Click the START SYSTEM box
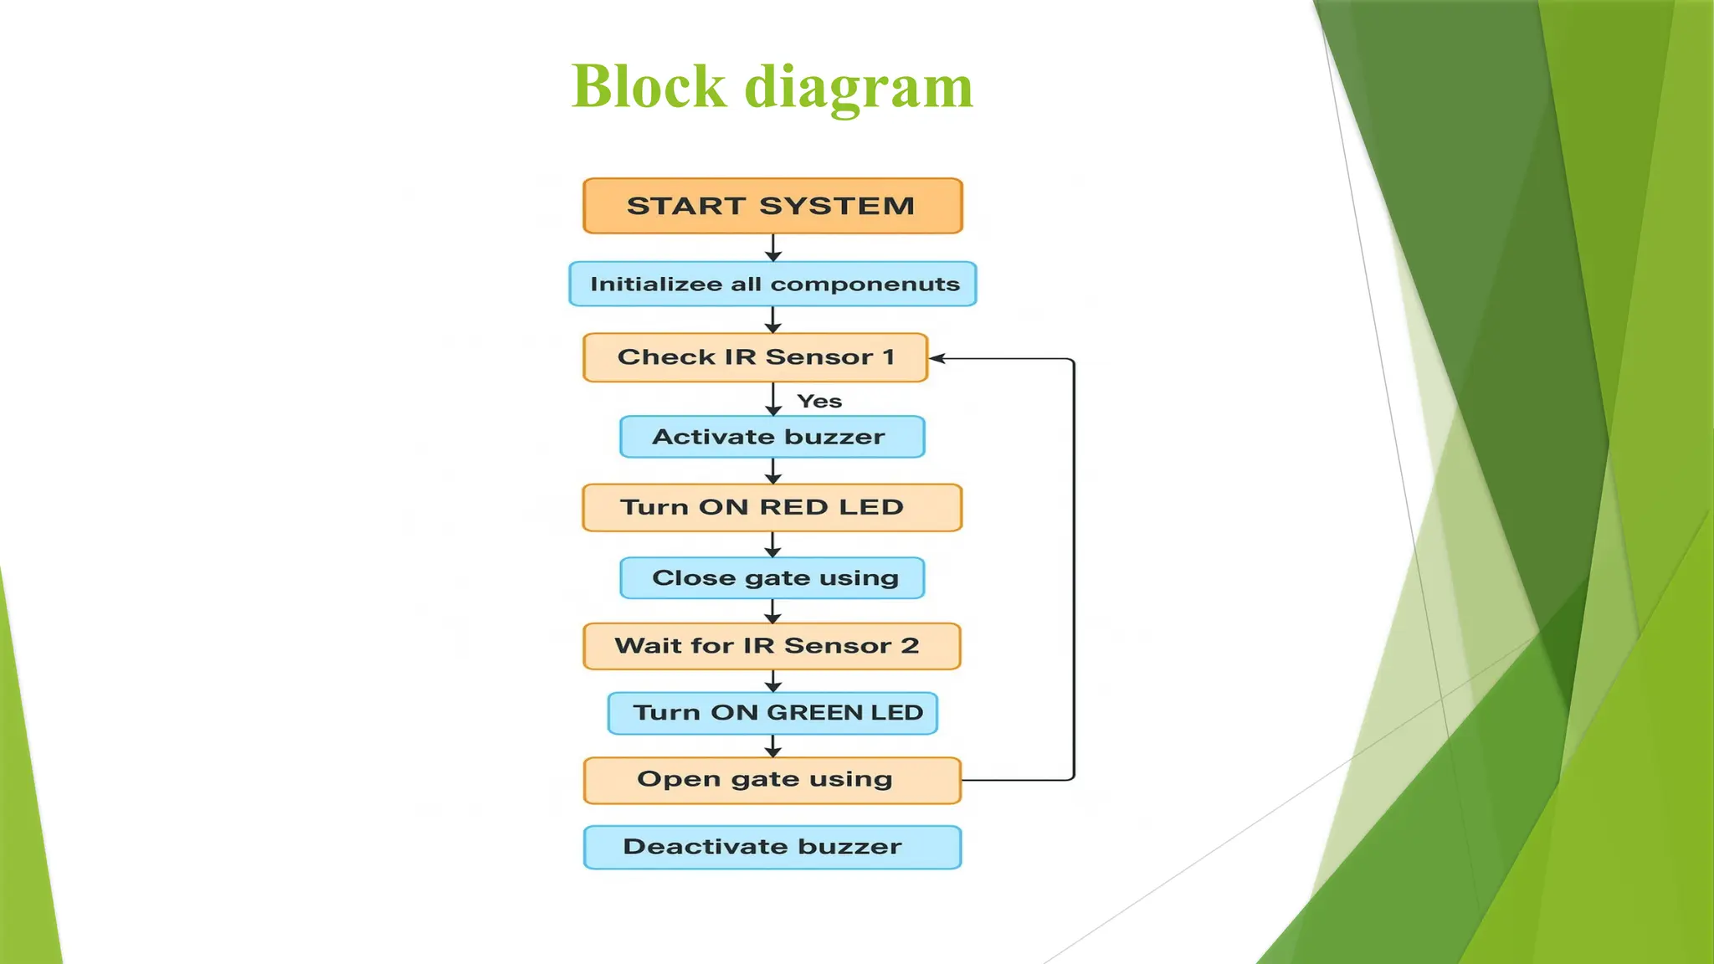(772, 206)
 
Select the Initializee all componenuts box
(772, 284)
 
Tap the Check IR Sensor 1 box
(755, 357)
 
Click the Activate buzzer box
(772, 437)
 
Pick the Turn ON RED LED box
(772, 507)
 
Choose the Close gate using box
(772, 577)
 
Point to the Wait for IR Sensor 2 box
(772, 646)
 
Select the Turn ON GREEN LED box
(772, 713)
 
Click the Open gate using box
(772, 780)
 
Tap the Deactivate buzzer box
(772, 847)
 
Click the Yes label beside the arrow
(819, 402)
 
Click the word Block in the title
(649, 86)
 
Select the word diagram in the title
(859, 88)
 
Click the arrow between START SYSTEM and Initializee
(773, 248)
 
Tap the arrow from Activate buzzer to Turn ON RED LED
(773, 471)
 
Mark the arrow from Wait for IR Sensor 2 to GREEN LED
(773, 681)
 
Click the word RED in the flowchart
(793, 507)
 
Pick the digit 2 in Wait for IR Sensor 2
(910, 646)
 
